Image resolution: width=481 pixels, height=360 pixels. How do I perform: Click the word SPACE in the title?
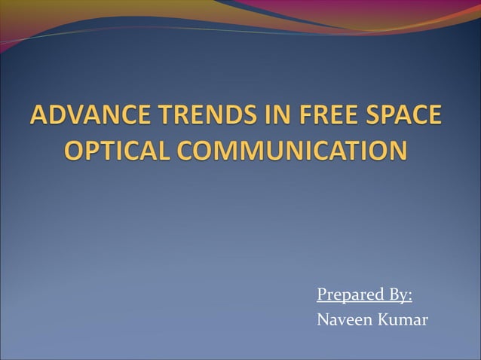point(397,117)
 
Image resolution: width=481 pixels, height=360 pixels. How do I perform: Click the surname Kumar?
point(403,319)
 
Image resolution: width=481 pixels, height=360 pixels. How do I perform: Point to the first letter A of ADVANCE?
point(38,117)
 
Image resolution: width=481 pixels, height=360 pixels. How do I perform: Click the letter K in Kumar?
point(384,319)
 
